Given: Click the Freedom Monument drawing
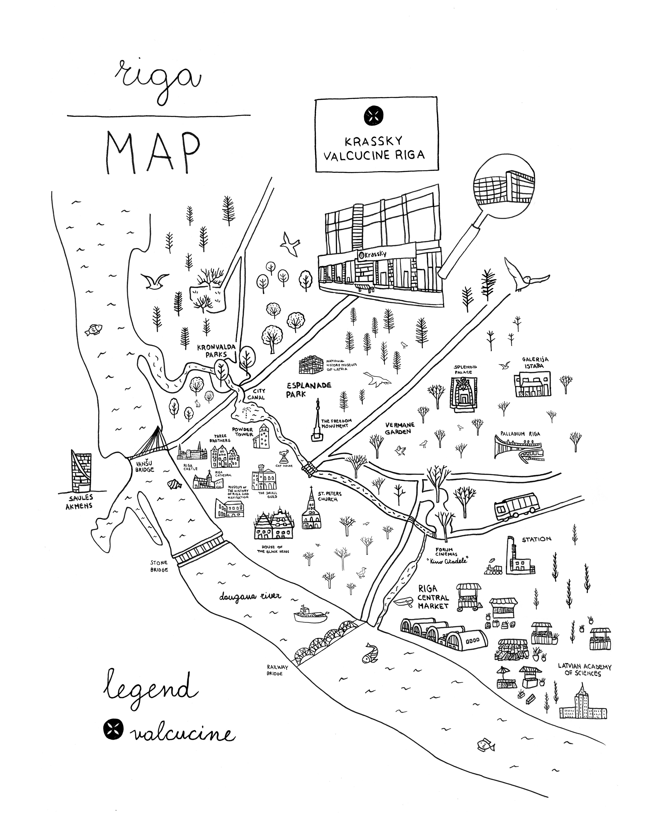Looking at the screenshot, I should point(317,421).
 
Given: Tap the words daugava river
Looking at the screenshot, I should point(250,596).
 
